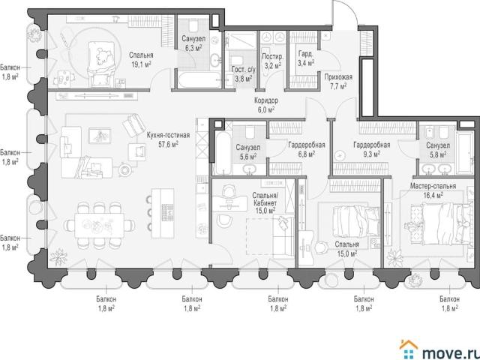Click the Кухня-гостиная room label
click(168, 135)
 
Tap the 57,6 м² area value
click(168, 145)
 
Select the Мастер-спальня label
click(433, 186)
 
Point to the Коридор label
click(266, 100)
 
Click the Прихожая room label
click(338, 76)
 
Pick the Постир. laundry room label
click(273, 57)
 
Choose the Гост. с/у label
click(244, 70)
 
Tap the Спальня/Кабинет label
click(265, 199)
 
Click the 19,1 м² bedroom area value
click(141, 64)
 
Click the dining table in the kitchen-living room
click(100, 226)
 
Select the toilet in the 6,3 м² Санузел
click(193, 25)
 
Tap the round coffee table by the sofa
click(125, 169)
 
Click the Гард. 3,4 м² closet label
click(306, 58)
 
